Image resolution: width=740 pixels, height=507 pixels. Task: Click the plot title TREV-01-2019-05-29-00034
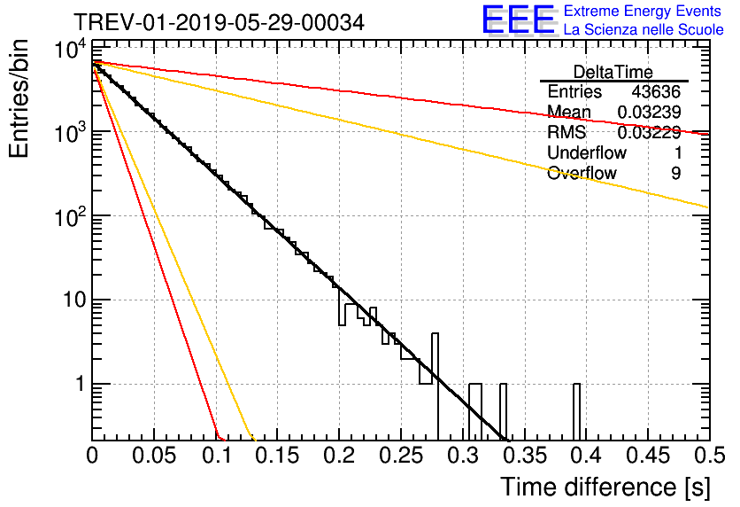pyautogui.click(x=219, y=22)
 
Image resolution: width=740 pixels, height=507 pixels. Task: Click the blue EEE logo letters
pyautogui.click(x=518, y=19)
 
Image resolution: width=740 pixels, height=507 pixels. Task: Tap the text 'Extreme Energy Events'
pyautogui.click(x=643, y=11)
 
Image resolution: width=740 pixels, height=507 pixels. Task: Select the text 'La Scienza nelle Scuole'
pyautogui.click(x=644, y=30)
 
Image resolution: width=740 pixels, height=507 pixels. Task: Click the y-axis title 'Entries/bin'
pyautogui.click(x=19, y=99)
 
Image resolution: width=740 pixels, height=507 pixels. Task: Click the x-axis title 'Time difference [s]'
pyautogui.click(x=605, y=487)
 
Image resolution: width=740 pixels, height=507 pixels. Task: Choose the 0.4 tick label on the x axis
pyautogui.click(x=586, y=456)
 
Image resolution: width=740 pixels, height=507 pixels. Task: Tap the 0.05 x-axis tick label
pyautogui.click(x=154, y=456)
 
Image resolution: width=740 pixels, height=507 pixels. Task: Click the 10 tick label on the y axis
pyautogui.click(x=75, y=300)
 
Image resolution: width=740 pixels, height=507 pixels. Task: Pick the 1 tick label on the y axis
pyautogui.click(x=81, y=384)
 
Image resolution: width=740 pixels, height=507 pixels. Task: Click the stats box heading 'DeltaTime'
pyautogui.click(x=613, y=72)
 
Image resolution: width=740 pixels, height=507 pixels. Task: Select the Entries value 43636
pyautogui.click(x=656, y=91)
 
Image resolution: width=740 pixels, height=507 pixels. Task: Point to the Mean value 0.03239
pyautogui.click(x=649, y=112)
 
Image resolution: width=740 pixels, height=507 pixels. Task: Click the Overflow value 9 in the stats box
pyautogui.click(x=675, y=174)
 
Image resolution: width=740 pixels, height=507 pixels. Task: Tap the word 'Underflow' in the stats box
pyautogui.click(x=587, y=152)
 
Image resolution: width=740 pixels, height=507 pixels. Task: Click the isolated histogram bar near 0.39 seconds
pyautogui.click(x=577, y=411)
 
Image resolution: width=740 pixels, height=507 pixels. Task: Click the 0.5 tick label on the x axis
pyautogui.click(x=709, y=456)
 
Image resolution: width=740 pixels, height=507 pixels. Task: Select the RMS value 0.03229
pyautogui.click(x=649, y=133)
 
